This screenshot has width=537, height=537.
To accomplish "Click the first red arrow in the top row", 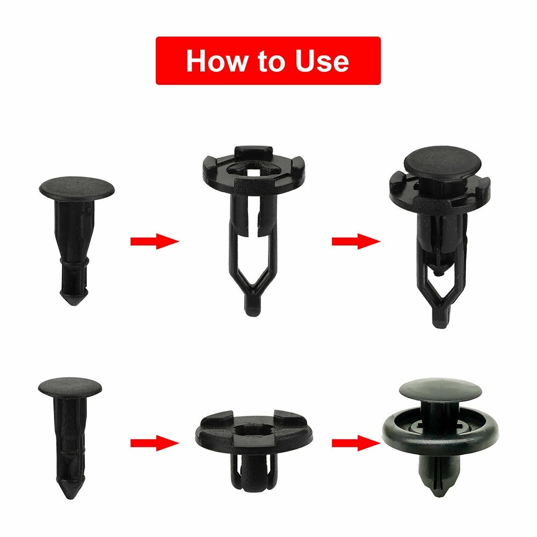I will tap(154, 241).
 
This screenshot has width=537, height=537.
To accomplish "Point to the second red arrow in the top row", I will tap(355, 241).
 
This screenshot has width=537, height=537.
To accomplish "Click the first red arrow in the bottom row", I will tap(154, 443).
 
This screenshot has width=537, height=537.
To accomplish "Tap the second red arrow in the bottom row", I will tap(355, 443).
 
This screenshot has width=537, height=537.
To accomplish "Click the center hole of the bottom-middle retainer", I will tap(253, 429).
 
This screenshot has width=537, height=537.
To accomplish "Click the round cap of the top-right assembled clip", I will tap(436, 161).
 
